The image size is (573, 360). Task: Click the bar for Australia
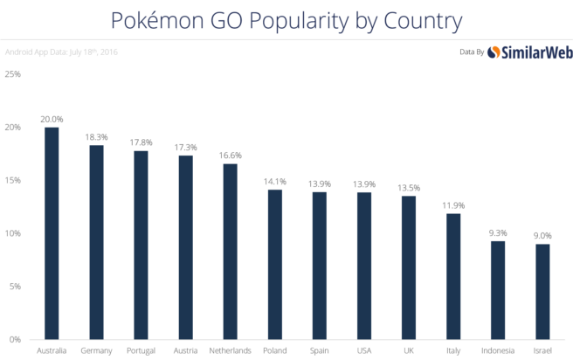pos(52,232)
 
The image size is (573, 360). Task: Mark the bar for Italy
pos(453,275)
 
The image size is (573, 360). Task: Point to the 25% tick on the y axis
pos(13,74)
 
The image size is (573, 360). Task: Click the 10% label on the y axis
pos(13,233)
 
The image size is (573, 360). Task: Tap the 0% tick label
pos(15,339)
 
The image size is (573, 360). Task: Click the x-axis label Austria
pos(185,351)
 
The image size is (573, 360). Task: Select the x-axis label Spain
pos(319,351)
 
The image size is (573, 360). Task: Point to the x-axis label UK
pos(409,351)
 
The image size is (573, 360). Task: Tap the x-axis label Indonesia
pos(498,351)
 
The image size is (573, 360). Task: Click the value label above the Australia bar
pos(52,118)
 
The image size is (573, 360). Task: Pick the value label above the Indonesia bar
pos(498,232)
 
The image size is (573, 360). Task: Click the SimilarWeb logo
pos(521,52)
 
